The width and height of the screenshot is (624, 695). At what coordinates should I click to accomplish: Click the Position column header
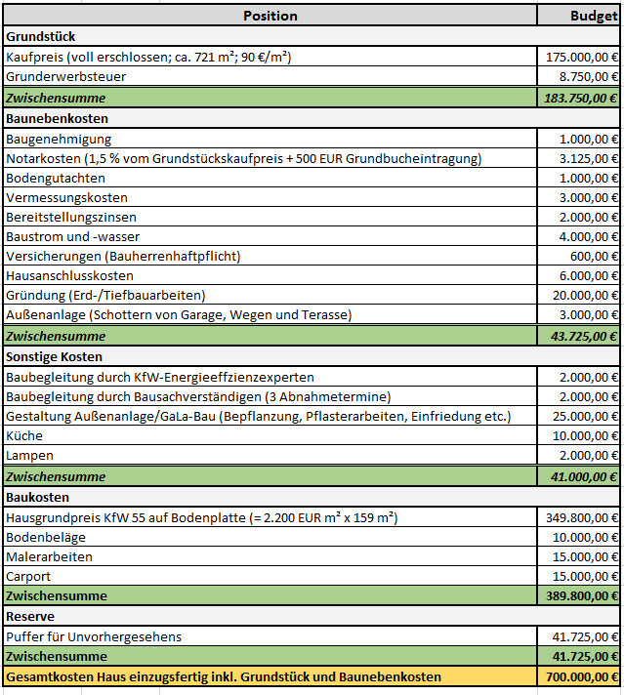(270, 16)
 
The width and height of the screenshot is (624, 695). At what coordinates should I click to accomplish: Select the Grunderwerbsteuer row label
(65, 76)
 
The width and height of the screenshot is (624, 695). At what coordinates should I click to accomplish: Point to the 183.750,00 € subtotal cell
(579, 97)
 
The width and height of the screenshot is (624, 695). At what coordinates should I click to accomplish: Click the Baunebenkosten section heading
(57, 118)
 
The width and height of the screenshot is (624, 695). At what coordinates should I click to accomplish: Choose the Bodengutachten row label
(56, 178)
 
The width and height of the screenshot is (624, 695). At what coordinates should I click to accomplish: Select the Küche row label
(25, 435)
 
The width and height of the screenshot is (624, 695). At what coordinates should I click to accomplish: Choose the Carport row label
(28, 576)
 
